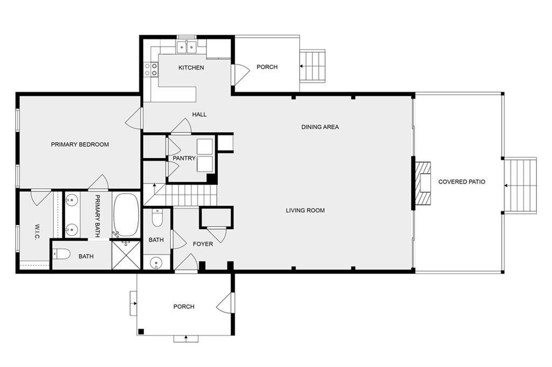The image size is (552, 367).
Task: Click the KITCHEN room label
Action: tap(191, 67)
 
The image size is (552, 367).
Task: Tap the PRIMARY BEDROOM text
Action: tap(80, 144)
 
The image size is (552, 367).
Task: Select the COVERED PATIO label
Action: tap(461, 182)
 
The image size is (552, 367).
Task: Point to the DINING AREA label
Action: tap(320, 127)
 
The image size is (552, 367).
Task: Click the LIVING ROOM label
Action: tap(305, 210)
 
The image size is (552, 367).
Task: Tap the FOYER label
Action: tap(203, 244)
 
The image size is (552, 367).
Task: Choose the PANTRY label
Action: tap(184, 159)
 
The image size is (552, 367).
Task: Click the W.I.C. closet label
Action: tap(37, 232)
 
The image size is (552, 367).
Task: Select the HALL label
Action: tap(199, 114)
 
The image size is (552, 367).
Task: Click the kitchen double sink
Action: tap(186, 47)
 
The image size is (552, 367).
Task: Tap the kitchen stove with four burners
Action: tap(151, 69)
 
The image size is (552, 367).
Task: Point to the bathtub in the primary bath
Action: tap(127, 215)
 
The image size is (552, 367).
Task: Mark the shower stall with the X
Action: tap(126, 255)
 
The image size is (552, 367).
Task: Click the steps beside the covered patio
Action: tap(521, 186)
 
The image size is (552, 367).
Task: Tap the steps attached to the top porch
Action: tap(312, 66)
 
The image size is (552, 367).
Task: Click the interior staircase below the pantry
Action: tap(180, 194)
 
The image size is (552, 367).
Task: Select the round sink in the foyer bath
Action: tap(156, 263)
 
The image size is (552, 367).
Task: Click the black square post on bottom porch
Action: tap(141, 331)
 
